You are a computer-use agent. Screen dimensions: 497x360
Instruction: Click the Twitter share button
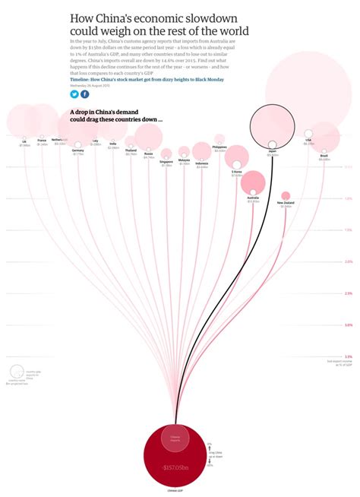[x=74, y=94]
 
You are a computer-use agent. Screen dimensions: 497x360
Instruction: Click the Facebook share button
[x=84, y=94]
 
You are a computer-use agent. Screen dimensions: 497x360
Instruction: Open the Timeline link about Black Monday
[x=151, y=78]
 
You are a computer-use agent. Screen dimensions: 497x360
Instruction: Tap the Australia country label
[x=253, y=198]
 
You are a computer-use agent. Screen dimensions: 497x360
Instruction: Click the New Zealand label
[x=286, y=203]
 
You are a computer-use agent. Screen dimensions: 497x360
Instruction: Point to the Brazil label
[x=324, y=155]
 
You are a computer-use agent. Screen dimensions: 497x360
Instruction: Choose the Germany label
[x=78, y=150]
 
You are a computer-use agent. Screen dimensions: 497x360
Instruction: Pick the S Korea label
[x=237, y=172]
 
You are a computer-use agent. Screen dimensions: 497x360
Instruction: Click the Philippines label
[x=220, y=146]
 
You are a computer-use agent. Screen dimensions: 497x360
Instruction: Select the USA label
[x=308, y=140]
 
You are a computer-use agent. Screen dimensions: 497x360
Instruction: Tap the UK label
[x=24, y=141]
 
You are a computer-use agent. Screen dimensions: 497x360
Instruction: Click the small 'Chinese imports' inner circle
[x=176, y=438]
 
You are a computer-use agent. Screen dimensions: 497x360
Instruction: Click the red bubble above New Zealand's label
[x=286, y=195]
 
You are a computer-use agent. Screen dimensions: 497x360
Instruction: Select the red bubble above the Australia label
[x=253, y=182]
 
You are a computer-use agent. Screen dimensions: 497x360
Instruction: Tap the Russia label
[x=148, y=153]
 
